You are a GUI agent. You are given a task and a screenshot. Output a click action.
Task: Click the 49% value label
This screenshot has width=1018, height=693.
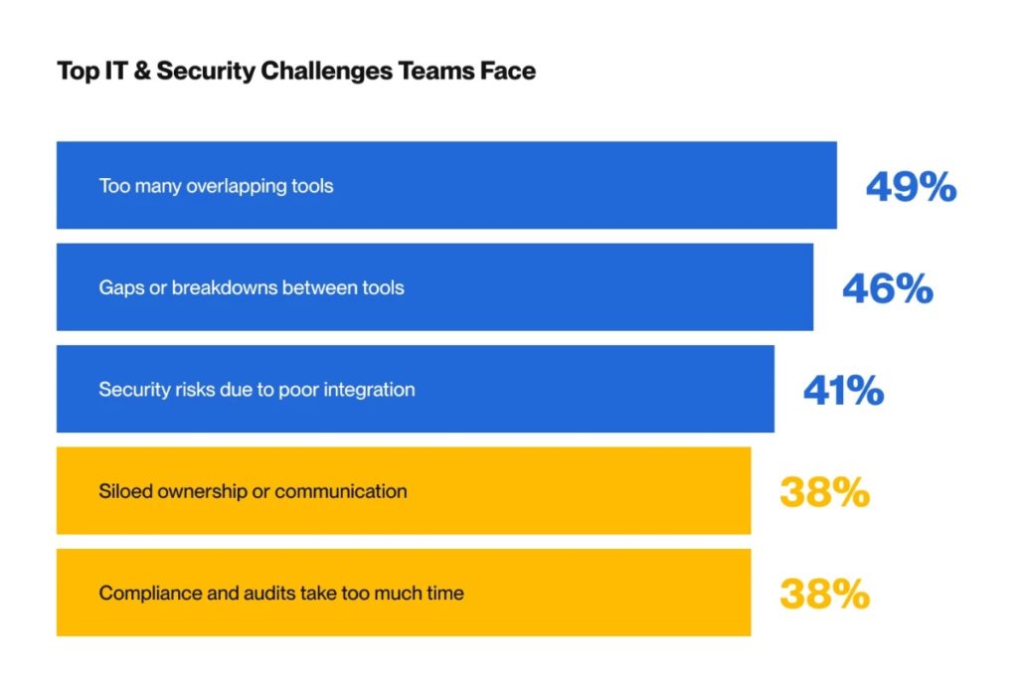(911, 186)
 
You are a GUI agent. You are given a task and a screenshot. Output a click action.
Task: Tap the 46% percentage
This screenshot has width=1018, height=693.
(887, 288)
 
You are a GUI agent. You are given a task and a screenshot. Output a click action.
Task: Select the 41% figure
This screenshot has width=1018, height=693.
(843, 391)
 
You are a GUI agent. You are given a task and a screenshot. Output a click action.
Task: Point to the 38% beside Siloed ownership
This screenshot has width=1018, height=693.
(824, 492)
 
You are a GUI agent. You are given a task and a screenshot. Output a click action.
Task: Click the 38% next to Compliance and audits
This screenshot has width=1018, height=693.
(824, 595)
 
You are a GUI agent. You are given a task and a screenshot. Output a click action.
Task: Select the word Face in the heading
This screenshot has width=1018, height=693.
(509, 72)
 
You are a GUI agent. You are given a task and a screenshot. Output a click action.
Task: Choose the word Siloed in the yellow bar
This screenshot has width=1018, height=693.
(123, 491)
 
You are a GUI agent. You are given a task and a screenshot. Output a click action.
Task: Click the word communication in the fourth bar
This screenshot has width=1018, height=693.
(341, 491)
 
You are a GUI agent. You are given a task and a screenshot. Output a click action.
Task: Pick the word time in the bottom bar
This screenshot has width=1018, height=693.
(445, 594)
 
